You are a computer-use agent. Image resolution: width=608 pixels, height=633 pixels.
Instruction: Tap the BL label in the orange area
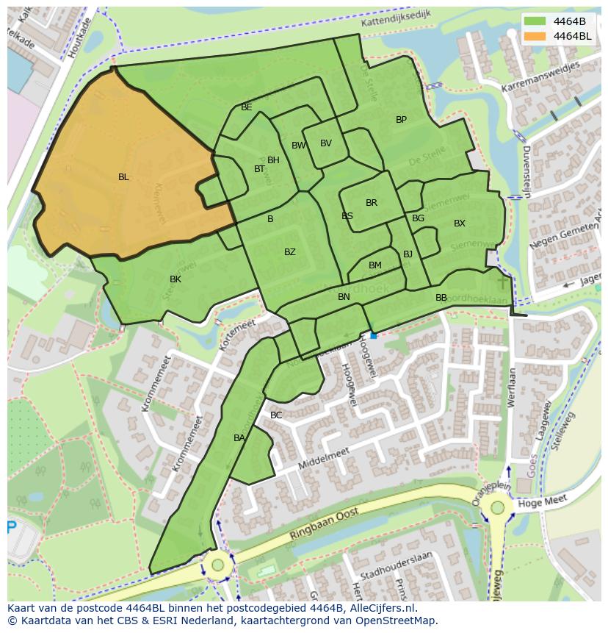point(123,177)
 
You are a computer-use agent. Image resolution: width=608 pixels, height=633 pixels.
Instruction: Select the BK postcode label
point(175,279)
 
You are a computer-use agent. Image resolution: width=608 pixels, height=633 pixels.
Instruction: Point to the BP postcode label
point(401,120)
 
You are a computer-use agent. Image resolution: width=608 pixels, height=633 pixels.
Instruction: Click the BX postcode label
point(459,223)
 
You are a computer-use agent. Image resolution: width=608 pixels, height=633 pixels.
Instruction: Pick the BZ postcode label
point(290,252)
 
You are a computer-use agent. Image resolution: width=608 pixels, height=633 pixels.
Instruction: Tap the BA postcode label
point(239,438)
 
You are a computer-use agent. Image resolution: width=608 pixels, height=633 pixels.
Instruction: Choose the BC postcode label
point(276,415)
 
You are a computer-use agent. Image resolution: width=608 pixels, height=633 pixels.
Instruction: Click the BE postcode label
point(247,107)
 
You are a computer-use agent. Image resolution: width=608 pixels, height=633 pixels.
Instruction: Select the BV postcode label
point(326,143)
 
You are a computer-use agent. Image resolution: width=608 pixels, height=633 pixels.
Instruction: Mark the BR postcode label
point(372,203)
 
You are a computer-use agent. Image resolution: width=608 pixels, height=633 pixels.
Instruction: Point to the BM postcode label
point(375,265)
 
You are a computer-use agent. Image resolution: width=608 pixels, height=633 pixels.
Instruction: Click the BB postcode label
point(441,298)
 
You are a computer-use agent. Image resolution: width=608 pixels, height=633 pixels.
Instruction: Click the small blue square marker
point(373,335)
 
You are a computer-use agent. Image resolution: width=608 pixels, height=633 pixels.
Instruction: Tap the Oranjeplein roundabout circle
point(498,507)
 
